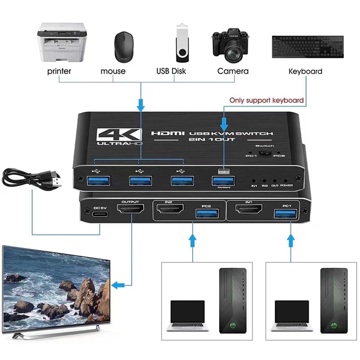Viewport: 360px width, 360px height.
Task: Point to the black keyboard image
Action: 308,46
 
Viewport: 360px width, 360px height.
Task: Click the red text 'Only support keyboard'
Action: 266,100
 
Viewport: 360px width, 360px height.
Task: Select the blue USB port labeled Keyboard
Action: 224,180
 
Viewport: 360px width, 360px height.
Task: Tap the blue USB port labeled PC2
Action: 206,214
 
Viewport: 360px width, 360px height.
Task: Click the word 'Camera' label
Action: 233,71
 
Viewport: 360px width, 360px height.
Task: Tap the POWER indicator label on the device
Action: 286,185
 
